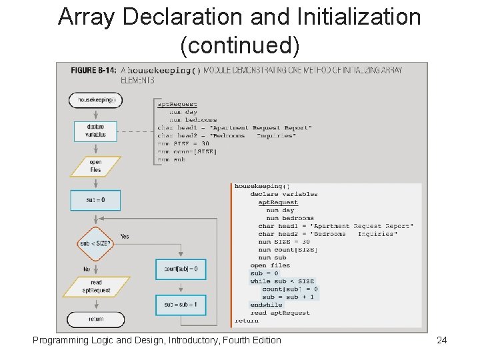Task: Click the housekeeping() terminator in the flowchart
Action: [x=96, y=100]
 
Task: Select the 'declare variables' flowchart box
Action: [x=95, y=131]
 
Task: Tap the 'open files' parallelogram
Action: [x=95, y=166]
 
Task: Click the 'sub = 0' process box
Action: [x=95, y=200]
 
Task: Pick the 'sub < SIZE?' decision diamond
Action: [x=95, y=243]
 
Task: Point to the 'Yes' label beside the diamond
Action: [x=125, y=236]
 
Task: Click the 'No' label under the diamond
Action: [x=86, y=269]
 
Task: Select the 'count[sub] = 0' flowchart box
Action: [x=181, y=269]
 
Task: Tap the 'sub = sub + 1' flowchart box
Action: [x=181, y=305]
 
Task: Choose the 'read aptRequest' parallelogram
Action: [x=95, y=287]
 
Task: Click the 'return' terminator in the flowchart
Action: [x=96, y=319]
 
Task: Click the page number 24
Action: [x=441, y=341]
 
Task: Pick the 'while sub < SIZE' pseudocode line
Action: [x=282, y=281]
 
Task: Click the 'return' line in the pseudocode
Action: [x=247, y=321]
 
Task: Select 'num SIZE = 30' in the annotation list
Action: [x=183, y=143]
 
